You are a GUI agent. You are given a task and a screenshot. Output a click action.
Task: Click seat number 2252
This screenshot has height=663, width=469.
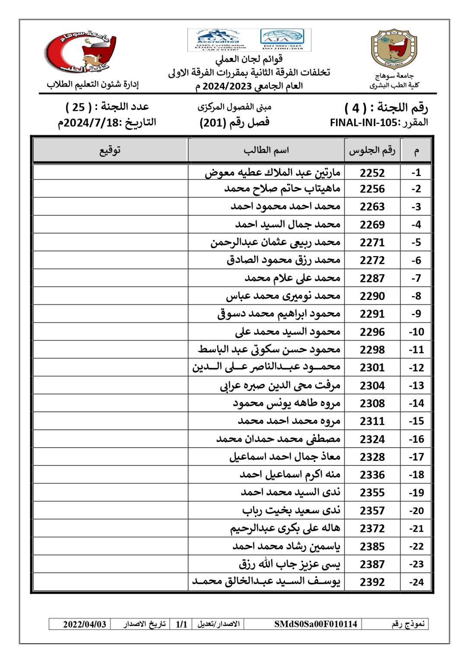coord(372,173)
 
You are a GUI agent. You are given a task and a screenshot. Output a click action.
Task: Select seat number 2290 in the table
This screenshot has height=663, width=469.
coord(372,296)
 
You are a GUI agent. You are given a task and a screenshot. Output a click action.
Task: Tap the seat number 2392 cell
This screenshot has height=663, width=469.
coord(372,582)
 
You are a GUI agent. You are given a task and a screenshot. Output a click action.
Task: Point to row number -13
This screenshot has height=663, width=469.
coord(416,385)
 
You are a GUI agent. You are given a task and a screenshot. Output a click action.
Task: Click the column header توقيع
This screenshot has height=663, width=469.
coord(110,150)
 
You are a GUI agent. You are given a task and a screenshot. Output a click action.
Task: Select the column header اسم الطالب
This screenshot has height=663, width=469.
coord(266,150)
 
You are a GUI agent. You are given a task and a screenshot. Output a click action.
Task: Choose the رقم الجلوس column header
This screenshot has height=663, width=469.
coord(372,150)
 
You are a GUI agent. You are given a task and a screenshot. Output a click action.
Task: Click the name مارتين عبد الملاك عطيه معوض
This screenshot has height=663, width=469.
coord(273,173)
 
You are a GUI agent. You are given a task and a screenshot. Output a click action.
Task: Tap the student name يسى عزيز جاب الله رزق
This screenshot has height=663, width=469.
coord(289,564)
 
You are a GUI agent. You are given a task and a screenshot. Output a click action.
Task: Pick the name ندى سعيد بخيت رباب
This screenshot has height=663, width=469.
coord(291,511)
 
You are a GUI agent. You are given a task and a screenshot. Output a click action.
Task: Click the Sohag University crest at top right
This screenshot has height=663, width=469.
coord(394,49)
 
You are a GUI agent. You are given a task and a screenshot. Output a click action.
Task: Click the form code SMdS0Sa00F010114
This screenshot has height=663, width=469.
coord(316,624)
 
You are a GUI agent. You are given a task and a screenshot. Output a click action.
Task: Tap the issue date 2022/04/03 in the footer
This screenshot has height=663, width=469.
coord(85,624)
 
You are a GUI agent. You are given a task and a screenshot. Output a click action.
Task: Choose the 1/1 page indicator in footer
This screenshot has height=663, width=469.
coord(181,624)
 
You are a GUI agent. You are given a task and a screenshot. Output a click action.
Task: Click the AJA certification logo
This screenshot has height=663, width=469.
coord(283,40)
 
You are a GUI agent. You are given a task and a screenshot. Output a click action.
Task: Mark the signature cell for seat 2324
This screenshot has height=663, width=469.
coord(110,439)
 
